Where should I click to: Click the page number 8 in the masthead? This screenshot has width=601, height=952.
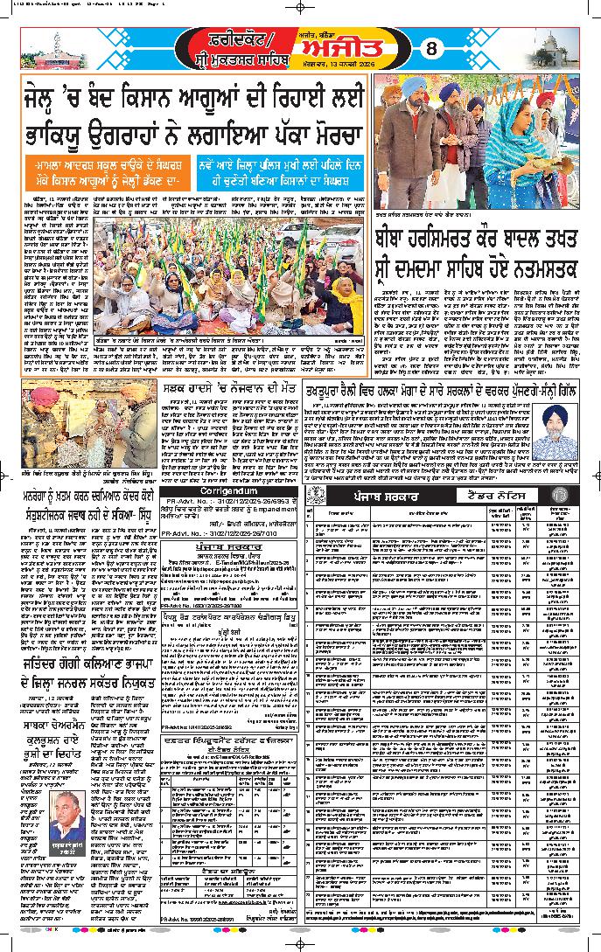(x=430, y=49)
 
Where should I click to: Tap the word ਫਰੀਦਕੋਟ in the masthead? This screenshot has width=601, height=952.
(x=226, y=38)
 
